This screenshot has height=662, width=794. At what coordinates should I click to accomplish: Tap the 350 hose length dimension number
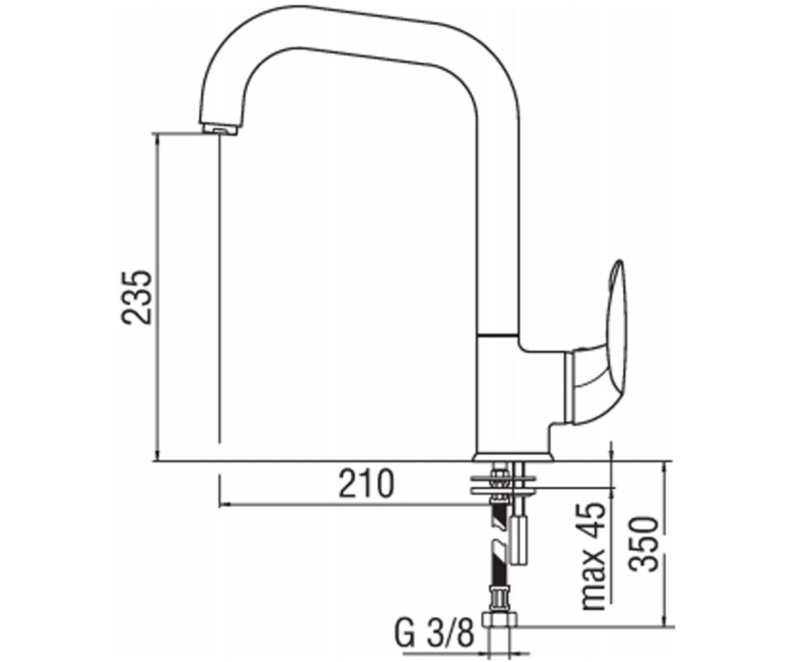pyautogui.click(x=643, y=544)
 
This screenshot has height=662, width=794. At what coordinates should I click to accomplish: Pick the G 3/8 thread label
pyautogui.click(x=435, y=634)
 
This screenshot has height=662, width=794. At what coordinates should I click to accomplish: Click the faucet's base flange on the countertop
pyautogui.click(x=513, y=457)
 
